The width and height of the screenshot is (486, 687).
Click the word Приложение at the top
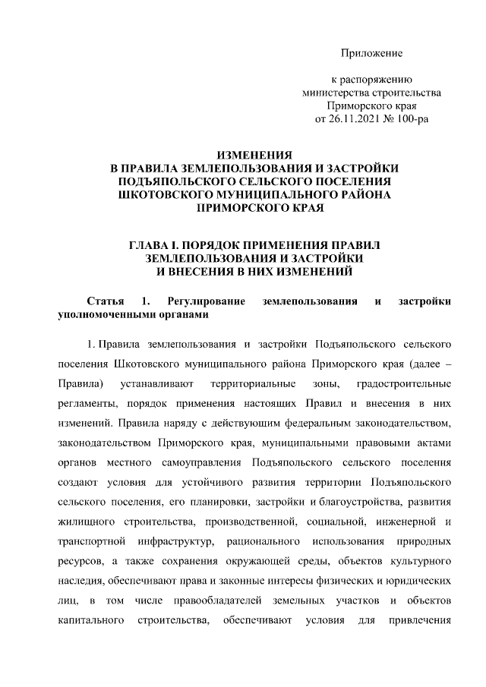coord(371,53)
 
